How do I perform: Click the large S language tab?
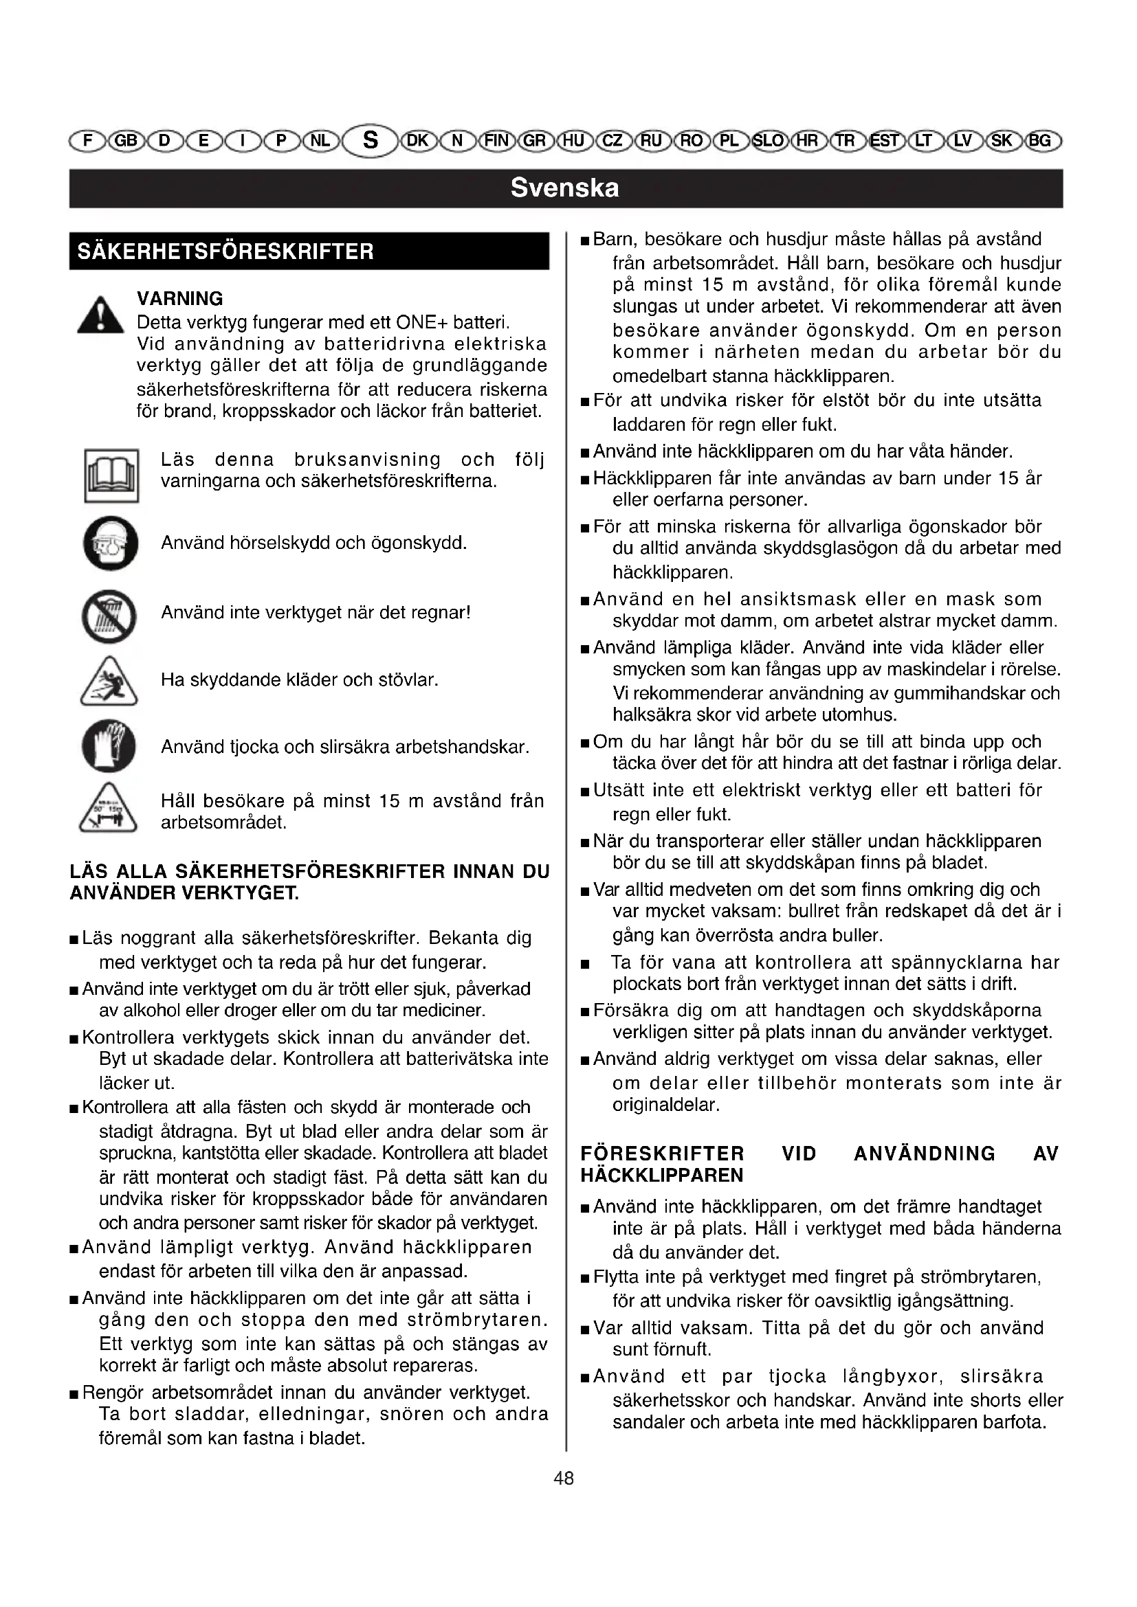click(371, 141)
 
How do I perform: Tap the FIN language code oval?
click(497, 141)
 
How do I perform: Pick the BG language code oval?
click(1041, 141)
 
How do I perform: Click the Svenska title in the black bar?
click(565, 188)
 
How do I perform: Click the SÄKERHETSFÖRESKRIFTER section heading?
click(226, 251)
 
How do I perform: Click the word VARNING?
click(180, 299)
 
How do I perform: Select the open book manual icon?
click(111, 476)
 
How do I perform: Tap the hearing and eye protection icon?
click(111, 544)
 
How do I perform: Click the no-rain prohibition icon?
click(109, 616)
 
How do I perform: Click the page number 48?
click(564, 1479)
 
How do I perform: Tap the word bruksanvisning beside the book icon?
click(368, 460)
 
